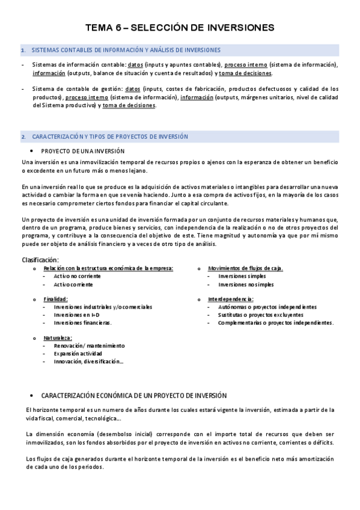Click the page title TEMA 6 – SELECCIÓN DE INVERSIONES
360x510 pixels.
click(180, 27)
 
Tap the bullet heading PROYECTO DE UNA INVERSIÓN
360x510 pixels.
click(82, 150)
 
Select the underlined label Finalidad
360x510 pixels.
click(55, 299)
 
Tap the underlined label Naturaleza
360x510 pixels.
click(58, 338)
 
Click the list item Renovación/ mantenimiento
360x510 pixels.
click(89, 346)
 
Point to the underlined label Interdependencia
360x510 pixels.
click(230, 299)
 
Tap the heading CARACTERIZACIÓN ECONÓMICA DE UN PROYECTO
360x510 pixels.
click(133, 396)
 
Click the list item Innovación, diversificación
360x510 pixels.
click(88, 361)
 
